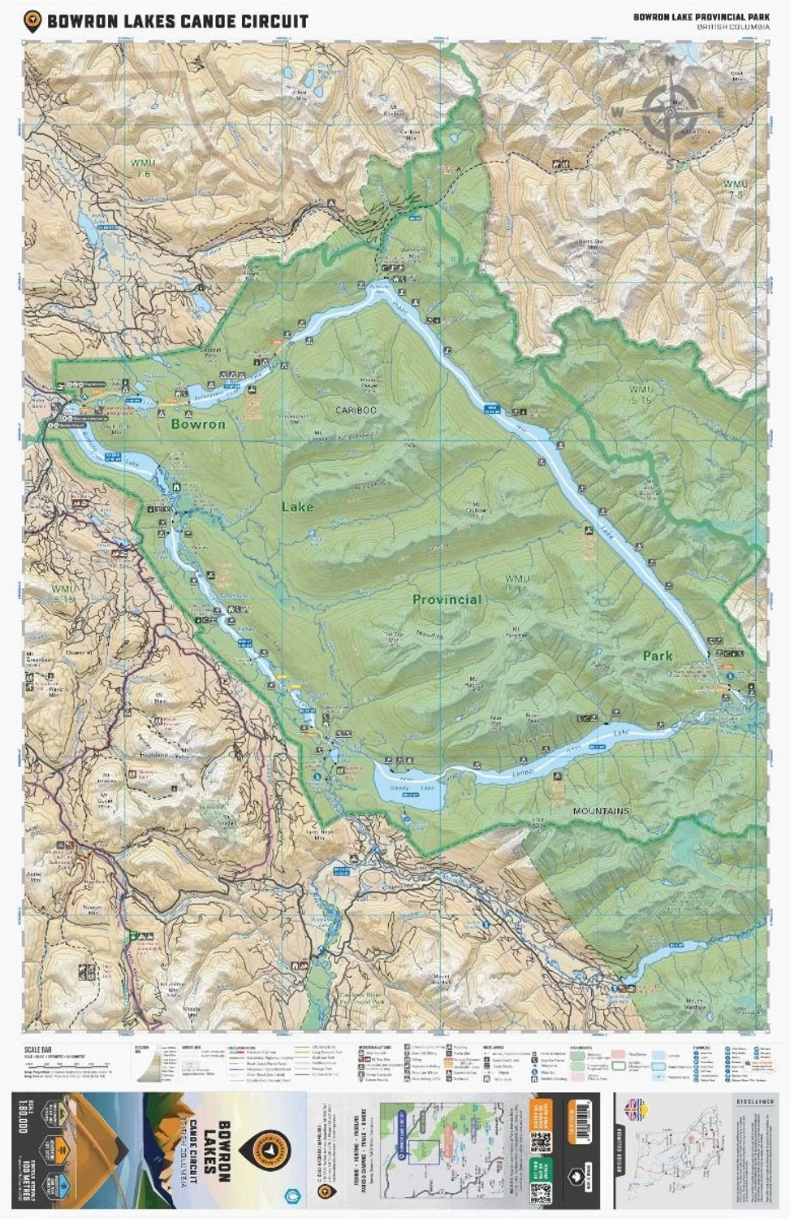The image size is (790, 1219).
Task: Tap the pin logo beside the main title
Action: pos(32,21)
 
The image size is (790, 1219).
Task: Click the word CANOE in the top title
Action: pos(210,21)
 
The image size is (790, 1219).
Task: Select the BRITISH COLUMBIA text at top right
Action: pos(732,27)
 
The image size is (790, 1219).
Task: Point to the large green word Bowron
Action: pos(198,424)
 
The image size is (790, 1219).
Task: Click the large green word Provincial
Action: pos(447,600)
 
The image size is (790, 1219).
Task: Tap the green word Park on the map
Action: pos(658,656)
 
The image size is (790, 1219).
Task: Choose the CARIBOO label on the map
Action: pos(356,410)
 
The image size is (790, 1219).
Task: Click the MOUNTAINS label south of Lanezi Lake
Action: pos(601,811)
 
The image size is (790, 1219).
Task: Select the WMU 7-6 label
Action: pos(143,168)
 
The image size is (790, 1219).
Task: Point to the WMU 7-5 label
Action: pos(735,189)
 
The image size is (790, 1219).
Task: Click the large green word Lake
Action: pos(297,507)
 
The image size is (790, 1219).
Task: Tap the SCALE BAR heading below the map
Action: pos(39,1051)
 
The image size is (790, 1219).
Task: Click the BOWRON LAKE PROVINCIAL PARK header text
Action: pos(701,16)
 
